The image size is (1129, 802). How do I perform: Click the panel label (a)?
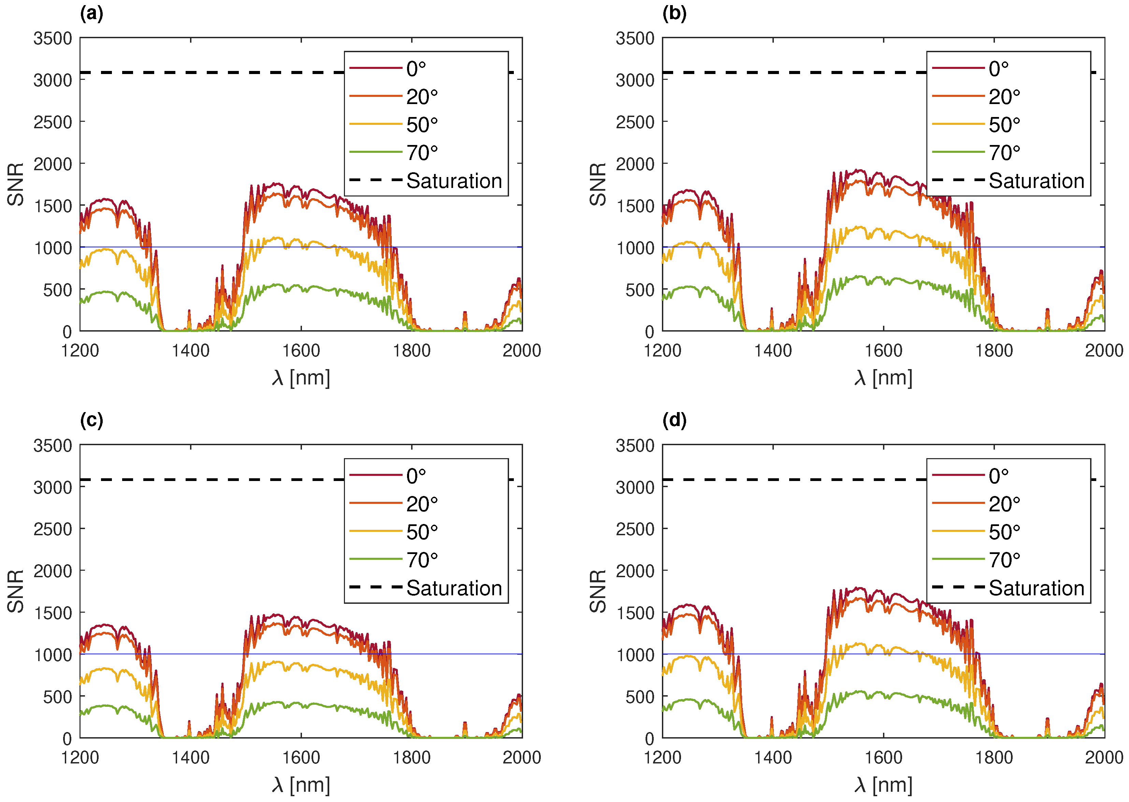91,14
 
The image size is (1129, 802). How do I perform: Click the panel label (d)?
674,420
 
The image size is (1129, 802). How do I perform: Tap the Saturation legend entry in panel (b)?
1036,181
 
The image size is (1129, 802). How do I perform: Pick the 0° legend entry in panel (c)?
416,476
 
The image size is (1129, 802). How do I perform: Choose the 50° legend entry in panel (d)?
1003,532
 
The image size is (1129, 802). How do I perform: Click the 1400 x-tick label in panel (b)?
772,351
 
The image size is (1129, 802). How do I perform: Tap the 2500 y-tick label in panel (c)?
53,529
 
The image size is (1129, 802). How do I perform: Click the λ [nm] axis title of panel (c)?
301,785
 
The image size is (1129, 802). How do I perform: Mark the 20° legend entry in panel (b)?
1003,97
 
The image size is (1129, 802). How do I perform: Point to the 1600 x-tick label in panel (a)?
301,351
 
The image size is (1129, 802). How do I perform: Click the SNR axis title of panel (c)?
16,591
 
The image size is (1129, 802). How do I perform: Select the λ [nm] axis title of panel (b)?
883,378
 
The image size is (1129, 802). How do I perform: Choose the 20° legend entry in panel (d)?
1003,504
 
